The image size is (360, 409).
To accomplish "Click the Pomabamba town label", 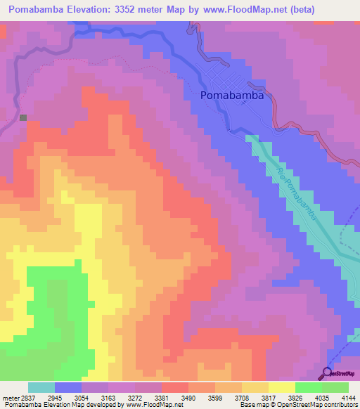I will pyautogui.click(x=232, y=96).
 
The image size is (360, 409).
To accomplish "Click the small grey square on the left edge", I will pyautogui.click(x=23, y=117).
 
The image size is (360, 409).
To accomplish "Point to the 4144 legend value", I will pyautogui.click(x=348, y=397).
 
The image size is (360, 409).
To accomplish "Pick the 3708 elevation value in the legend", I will pyautogui.click(x=240, y=397).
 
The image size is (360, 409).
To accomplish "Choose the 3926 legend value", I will pyautogui.click(x=295, y=397).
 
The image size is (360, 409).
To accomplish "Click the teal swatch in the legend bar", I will pyautogui.click(x=41, y=387).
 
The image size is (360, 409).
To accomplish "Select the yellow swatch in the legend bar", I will pyautogui.click(x=281, y=387).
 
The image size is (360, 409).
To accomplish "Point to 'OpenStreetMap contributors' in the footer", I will pyautogui.click(x=319, y=405).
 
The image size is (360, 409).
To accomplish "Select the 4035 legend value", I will pyautogui.click(x=321, y=397).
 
